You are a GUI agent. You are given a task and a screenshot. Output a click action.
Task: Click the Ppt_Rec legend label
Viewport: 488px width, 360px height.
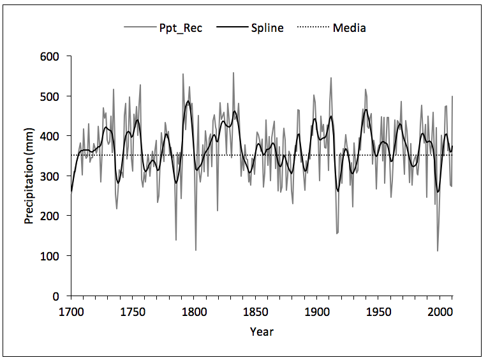point(181,28)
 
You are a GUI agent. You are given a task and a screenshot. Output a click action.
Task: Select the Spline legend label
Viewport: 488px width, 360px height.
point(267,28)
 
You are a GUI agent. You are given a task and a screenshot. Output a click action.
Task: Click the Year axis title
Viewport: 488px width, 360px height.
point(262,331)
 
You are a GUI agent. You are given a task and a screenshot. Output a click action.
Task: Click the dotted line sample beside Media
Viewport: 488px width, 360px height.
point(313,28)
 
